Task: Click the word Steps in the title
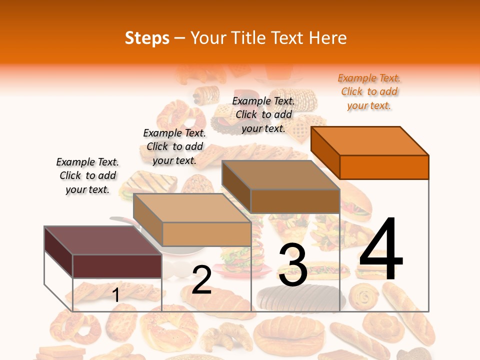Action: [x=147, y=38]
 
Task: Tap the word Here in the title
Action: [x=327, y=38]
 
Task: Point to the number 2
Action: [x=201, y=280]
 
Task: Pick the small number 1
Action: [x=116, y=295]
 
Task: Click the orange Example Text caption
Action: [x=369, y=91]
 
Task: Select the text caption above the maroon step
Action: [x=87, y=175]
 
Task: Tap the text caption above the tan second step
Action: [x=174, y=146]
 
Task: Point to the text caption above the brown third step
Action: [x=263, y=114]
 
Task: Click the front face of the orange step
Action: [x=384, y=167]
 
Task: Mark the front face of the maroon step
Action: [x=117, y=266]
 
